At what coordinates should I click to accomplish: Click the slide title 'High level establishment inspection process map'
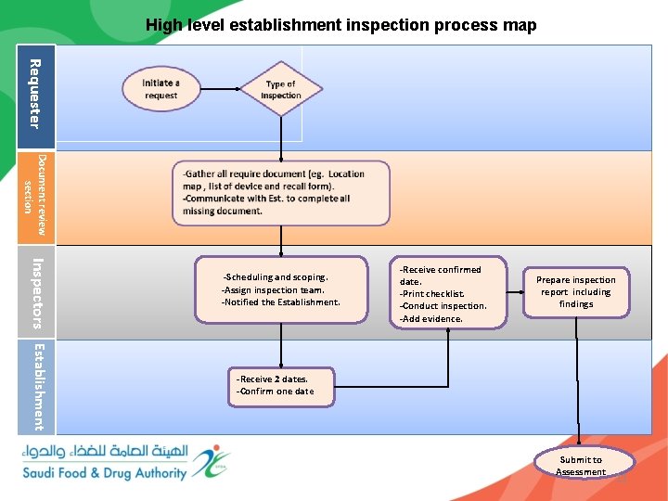click(x=340, y=25)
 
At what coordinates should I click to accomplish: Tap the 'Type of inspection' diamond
click(x=280, y=89)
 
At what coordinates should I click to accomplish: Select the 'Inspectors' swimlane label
click(x=35, y=291)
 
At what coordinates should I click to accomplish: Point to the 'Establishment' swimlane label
click(x=35, y=387)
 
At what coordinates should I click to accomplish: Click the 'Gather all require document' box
click(x=280, y=193)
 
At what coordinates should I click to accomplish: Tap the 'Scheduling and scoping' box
click(x=280, y=289)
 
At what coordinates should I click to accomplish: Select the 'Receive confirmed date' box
click(x=448, y=294)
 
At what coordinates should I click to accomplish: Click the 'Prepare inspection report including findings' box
click(x=576, y=291)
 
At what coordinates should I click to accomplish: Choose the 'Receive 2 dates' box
click(x=281, y=385)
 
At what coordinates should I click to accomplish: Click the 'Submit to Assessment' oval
click(x=581, y=464)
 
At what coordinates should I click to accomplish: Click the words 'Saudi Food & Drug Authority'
click(x=105, y=473)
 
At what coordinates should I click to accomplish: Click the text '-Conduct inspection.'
click(x=443, y=306)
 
